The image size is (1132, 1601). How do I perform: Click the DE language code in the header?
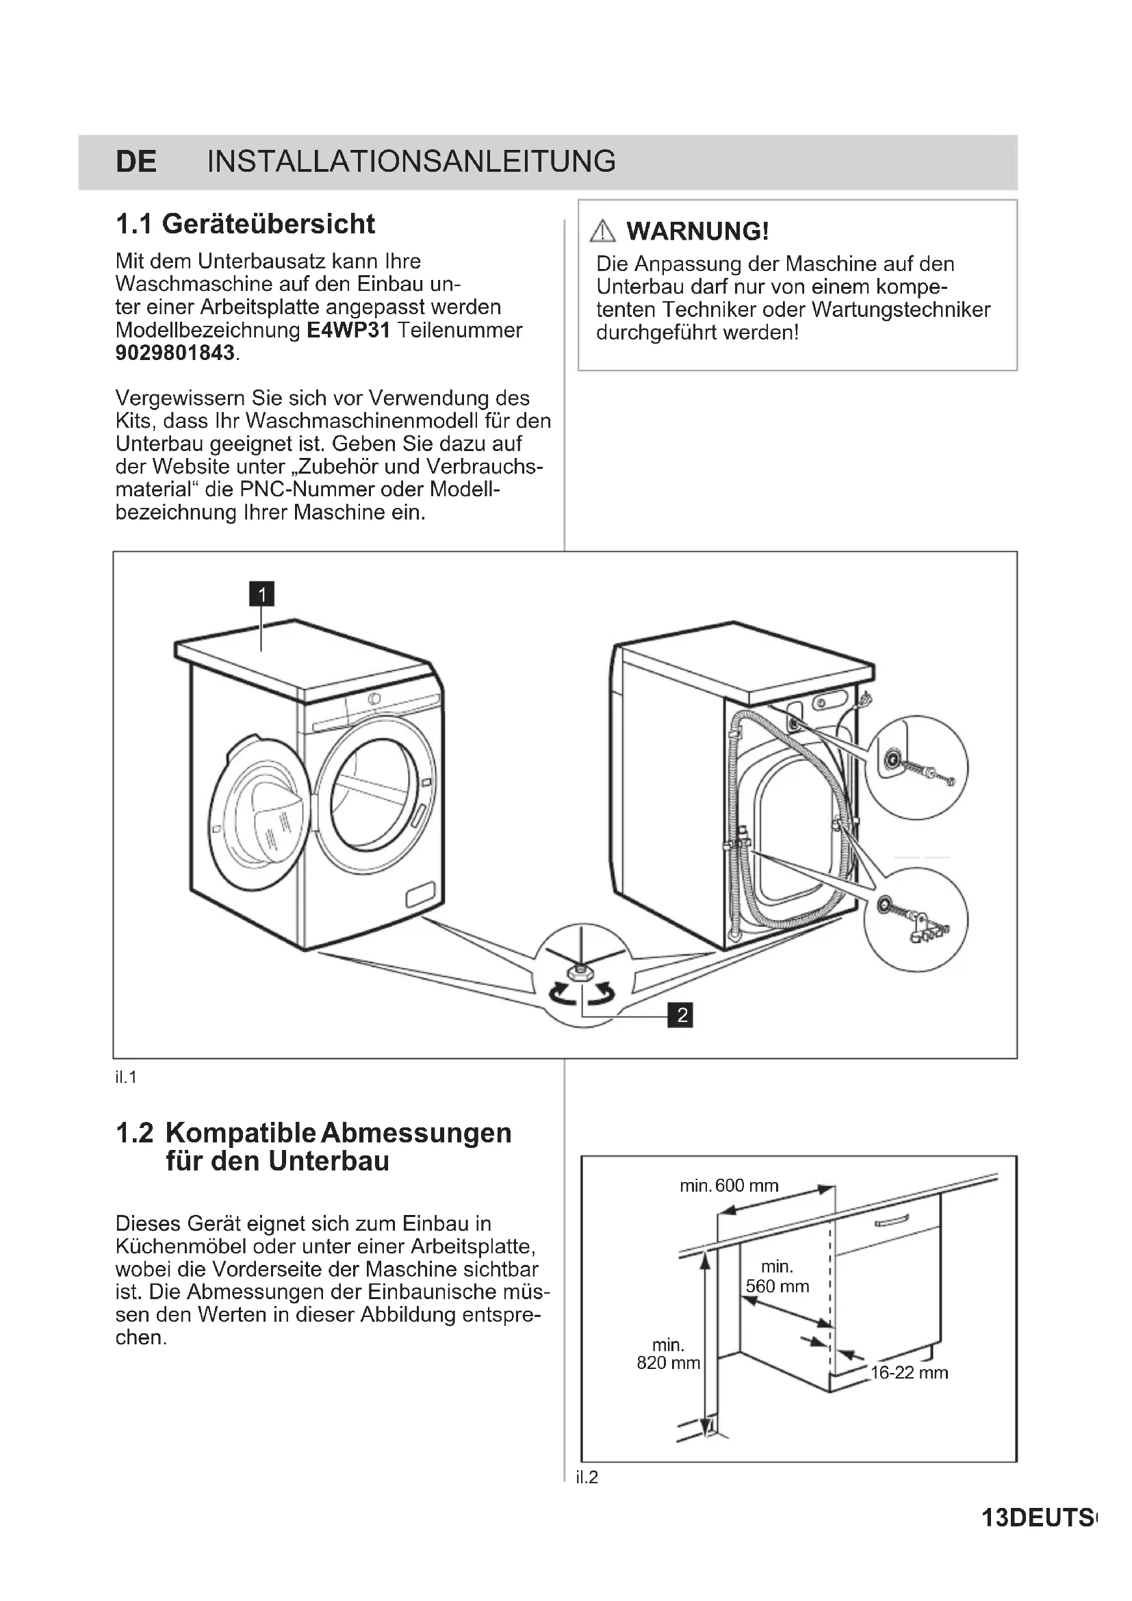136,162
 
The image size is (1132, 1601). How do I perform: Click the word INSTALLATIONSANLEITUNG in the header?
411,162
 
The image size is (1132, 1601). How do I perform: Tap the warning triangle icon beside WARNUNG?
602,231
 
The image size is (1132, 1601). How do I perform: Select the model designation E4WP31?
348,330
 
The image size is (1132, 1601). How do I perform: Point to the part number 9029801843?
175,353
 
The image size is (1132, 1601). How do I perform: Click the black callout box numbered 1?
262,594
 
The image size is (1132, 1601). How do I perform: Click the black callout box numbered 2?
681,1014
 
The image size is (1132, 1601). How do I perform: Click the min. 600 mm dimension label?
729,1186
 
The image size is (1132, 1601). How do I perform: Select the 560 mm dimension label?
777,1287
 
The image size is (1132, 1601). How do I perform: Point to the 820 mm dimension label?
668,1363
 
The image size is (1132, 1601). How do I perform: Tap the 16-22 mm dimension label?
909,1372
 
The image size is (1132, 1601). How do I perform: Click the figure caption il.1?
125,1077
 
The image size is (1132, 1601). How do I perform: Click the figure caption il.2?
587,1477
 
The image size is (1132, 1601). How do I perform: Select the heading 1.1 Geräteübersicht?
246,225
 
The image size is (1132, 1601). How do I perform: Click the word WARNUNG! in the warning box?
697,231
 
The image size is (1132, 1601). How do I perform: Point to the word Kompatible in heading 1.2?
240,1132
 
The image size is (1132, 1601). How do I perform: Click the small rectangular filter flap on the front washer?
420,895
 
